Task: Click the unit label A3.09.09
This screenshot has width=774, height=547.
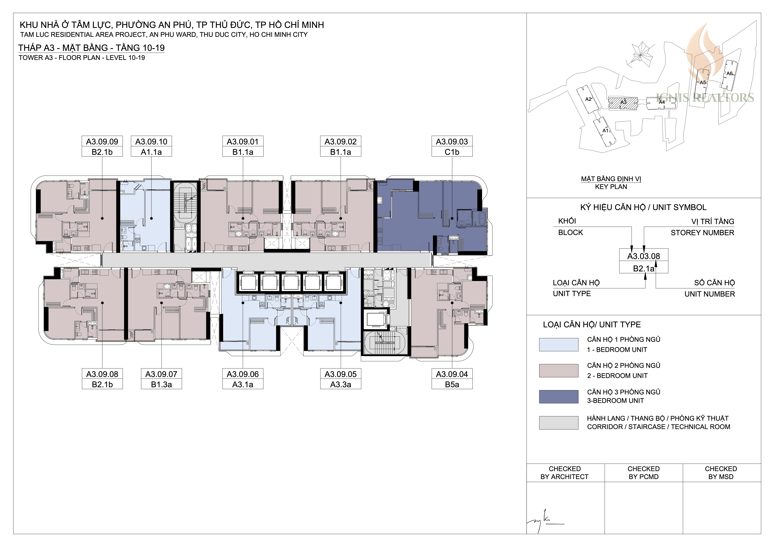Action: click(102, 142)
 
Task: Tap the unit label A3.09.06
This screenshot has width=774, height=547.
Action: click(243, 374)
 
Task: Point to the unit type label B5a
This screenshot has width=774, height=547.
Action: click(452, 385)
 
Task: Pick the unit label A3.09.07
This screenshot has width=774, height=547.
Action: click(162, 374)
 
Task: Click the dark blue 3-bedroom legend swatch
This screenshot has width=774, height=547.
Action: click(559, 397)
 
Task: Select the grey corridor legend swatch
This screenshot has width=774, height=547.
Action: click(559, 423)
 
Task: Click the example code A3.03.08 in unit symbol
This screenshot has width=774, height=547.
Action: click(643, 256)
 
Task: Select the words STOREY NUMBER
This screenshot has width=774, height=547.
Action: click(703, 233)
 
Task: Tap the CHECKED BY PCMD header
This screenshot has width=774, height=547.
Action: click(643, 473)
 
